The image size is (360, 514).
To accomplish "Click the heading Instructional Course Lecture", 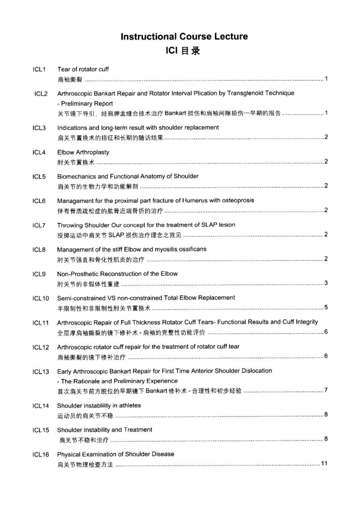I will pos(184,36).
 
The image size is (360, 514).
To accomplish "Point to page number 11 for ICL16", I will pos(324,464).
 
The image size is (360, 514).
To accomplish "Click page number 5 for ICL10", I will pos(326,307).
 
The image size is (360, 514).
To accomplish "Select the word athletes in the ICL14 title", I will pos(129,405).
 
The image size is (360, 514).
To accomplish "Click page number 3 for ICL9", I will pos(326,283).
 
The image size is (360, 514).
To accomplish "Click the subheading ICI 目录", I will pos(184,50).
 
